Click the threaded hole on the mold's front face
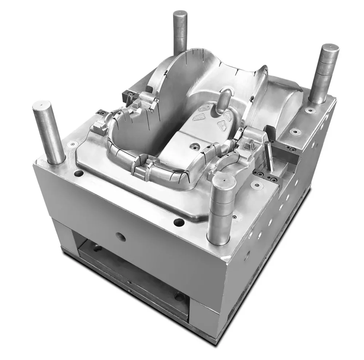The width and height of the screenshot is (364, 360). (x=121, y=237)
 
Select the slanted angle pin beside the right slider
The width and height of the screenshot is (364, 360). (x=270, y=156)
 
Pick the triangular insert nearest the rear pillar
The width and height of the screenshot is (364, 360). (x=205, y=108)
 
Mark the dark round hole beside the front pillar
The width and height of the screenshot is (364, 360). (x=178, y=221)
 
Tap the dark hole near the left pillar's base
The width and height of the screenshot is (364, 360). (x=78, y=173)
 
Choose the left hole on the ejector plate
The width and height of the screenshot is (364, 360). (x=98, y=249)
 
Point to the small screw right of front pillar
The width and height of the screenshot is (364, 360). (x=258, y=185)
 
